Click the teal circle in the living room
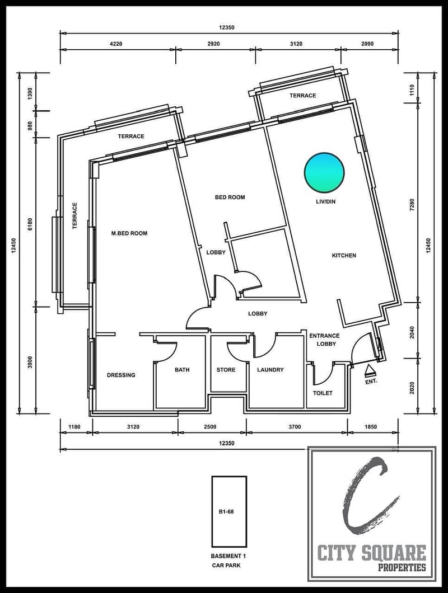[325, 172]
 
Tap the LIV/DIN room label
[326, 201]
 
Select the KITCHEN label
[344, 256]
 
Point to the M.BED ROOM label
[129, 233]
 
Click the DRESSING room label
[121, 375]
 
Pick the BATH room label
[182, 370]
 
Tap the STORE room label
[226, 370]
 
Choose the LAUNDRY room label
[270, 370]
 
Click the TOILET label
[323, 393]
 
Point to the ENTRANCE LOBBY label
[325, 340]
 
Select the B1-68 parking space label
[226, 512]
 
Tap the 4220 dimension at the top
[116, 44]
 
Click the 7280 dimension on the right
[412, 205]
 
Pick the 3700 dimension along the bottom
[295, 427]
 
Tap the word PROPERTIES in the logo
[402, 567]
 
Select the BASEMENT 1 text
[226, 556]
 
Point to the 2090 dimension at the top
[367, 44]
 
